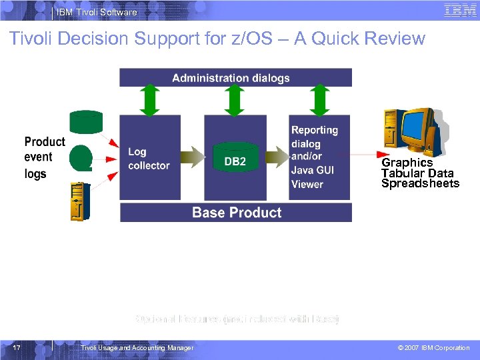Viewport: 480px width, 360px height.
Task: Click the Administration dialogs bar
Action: coord(235,78)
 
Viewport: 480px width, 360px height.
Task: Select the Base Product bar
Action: coord(236,213)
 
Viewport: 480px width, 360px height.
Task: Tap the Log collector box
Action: coord(149,158)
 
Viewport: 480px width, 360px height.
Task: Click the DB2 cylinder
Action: coord(235,159)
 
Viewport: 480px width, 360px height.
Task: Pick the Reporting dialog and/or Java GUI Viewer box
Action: coord(319,157)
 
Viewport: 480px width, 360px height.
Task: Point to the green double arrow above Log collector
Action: coord(151,101)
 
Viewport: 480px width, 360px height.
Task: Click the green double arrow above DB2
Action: coord(235,101)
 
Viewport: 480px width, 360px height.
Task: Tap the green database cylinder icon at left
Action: coord(87,123)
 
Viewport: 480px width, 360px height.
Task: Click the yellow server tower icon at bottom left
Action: coord(80,201)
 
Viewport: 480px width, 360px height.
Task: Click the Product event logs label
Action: coord(44,157)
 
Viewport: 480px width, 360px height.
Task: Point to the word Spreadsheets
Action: coord(420,184)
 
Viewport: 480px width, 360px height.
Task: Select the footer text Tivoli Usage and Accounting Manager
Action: coord(137,348)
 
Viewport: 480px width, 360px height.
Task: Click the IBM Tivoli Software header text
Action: coord(97,12)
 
